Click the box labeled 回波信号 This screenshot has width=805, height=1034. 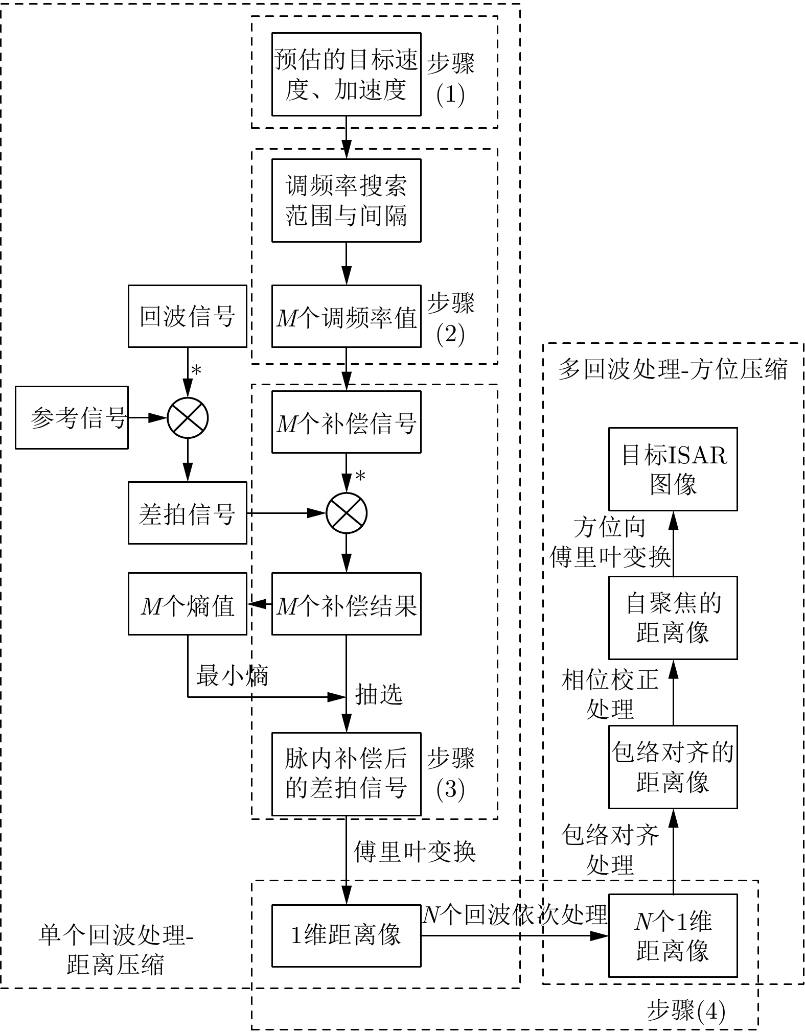[187, 316]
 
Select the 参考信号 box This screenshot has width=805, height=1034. [72, 417]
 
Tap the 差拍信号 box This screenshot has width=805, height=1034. [187, 513]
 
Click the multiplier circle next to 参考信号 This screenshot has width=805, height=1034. [188, 418]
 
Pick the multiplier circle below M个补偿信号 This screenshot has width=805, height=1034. [347, 513]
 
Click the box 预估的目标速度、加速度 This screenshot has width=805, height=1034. [346, 75]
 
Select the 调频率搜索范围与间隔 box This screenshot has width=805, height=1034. [346, 200]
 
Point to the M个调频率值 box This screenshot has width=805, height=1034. [346, 316]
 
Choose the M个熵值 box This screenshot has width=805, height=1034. [187, 604]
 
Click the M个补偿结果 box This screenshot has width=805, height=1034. [346, 604]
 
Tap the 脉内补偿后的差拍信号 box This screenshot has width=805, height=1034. [346, 774]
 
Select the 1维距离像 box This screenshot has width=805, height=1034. [346, 936]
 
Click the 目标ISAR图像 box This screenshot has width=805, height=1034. [673, 469]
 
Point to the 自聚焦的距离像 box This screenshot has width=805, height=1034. [673, 618]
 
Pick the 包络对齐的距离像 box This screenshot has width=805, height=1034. [673, 767]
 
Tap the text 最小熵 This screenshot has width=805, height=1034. [232, 676]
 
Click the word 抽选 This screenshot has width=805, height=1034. [379, 694]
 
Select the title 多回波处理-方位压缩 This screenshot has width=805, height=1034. [673, 369]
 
